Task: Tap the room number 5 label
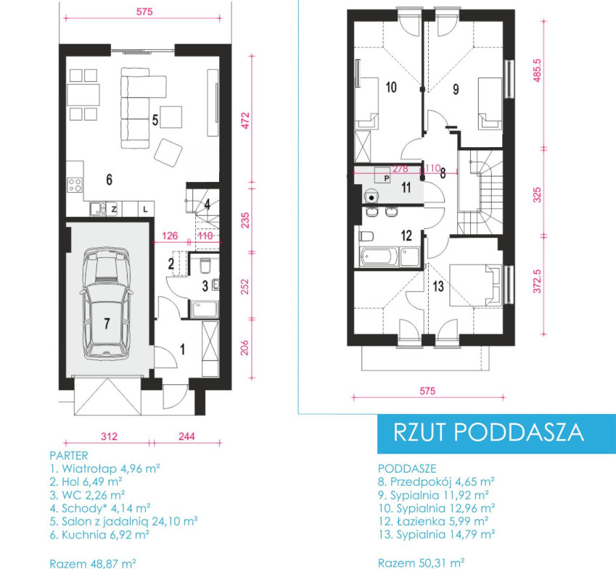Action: point(155,120)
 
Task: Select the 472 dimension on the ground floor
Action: point(245,121)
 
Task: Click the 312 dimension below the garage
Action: point(109,436)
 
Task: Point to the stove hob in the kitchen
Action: point(75,186)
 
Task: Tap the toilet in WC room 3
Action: point(205,266)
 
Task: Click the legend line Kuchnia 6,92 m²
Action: point(99,534)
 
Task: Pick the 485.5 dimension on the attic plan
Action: point(538,70)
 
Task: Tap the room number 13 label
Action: point(438,286)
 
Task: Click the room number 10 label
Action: point(391,87)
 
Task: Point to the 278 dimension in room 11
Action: point(401,169)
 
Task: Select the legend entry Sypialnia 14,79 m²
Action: point(437,534)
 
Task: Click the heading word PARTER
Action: point(69,456)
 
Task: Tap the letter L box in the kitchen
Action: point(145,209)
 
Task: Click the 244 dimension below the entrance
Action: point(186,436)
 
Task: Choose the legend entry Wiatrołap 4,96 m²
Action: point(105,468)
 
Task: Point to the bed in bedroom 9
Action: point(490,104)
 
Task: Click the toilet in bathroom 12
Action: point(366,236)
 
